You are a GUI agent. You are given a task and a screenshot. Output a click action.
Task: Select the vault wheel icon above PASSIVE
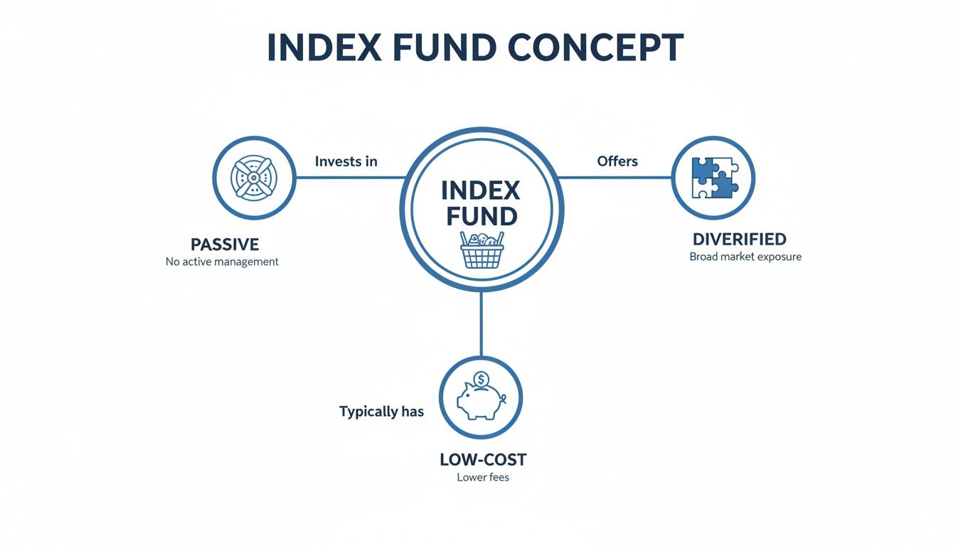click(x=254, y=178)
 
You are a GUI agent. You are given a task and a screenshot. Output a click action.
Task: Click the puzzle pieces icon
click(x=713, y=178)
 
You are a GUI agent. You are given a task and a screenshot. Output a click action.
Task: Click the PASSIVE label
click(x=225, y=245)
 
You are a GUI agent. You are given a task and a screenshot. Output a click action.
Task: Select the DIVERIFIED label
click(x=740, y=240)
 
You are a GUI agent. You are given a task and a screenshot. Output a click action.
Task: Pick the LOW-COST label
click(x=483, y=459)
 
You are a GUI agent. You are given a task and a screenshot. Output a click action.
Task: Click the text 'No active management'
click(x=222, y=262)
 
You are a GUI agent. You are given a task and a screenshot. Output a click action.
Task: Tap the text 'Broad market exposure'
click(x=745, y=257)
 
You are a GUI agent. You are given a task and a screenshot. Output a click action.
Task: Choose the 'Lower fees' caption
click(x=483, y=477)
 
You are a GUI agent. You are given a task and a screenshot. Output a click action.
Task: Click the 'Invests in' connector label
click(x=346, y=161)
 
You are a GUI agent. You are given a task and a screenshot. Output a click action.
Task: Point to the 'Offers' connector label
click(x=617, y=161)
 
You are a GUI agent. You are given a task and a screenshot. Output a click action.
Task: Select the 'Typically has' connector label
click(x=381, y=412)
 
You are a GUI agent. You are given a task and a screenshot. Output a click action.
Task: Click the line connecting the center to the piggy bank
click(x=482, y=323)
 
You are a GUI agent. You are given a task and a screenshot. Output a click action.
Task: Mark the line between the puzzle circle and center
click(x=616, y=177)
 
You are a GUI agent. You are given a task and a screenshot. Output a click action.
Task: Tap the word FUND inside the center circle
click(x=482, y=216)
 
